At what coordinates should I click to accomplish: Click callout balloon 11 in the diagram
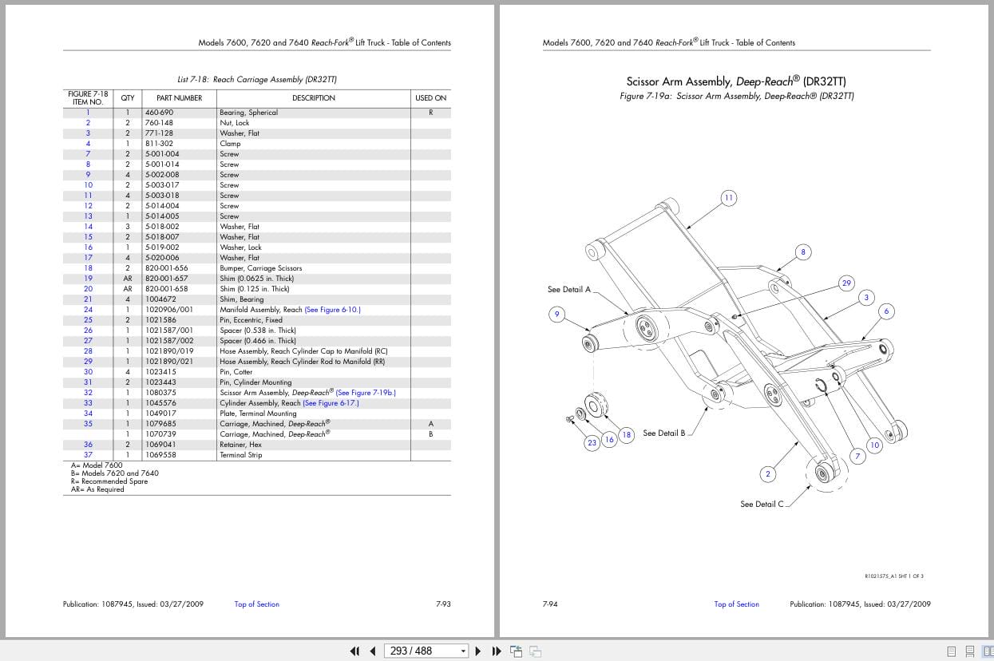tap(728, 198)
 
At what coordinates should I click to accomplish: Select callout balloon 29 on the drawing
tap(846, 283)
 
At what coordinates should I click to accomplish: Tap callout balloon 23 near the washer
tap(592, 443)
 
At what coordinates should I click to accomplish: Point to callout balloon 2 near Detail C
tap(768, 474)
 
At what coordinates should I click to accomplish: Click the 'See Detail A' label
tap(568, 290)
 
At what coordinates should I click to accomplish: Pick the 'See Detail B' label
tap(663, 433)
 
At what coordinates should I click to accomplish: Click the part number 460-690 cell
tap(159, 113)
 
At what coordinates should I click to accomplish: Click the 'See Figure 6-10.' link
tap(332, 310)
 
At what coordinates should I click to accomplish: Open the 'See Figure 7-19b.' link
tap(366, 393)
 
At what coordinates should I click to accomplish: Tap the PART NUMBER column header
tap(179, 98)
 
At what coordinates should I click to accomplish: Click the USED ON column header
tap(430, 98)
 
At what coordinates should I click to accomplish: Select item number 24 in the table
tap(88, 310)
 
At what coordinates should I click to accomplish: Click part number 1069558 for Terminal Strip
tap(160, 455)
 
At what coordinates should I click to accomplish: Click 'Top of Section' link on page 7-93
tap(256, 604)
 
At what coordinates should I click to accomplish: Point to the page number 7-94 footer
tap(549, 604)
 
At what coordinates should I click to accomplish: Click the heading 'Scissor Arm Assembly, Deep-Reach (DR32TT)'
tap(735, 81)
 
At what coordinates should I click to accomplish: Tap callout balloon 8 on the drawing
tap(803, 252)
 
